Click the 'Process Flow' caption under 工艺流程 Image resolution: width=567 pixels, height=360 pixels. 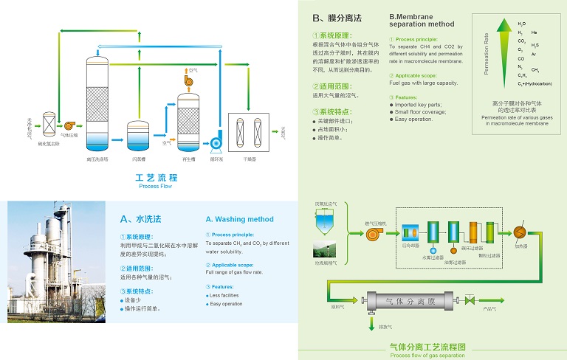pos(157,187)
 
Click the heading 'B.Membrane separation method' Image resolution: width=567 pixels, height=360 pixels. pos(422,20)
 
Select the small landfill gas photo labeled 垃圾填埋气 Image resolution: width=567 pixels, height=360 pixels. pos(325,249)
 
